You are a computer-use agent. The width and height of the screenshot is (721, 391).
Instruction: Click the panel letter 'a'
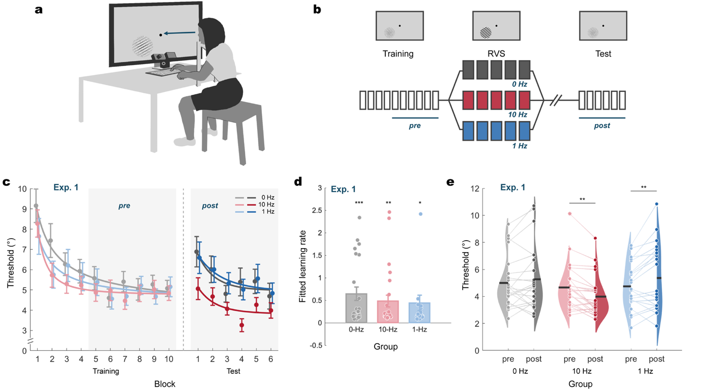point(38,10)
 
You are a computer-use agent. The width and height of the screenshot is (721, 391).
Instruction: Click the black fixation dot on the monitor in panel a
point(161,34)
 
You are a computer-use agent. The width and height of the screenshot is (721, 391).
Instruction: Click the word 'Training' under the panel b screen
point(398,53)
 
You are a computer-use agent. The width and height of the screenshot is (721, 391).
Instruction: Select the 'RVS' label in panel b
point(496,53)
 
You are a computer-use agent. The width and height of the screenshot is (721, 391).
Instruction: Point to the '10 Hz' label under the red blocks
point(518,115)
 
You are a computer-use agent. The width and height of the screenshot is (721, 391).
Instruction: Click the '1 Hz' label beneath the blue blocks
point(519,146)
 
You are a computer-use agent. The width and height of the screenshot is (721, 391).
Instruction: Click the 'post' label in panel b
point(602,126)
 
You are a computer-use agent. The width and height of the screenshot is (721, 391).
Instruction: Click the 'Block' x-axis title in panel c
point(165,383)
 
